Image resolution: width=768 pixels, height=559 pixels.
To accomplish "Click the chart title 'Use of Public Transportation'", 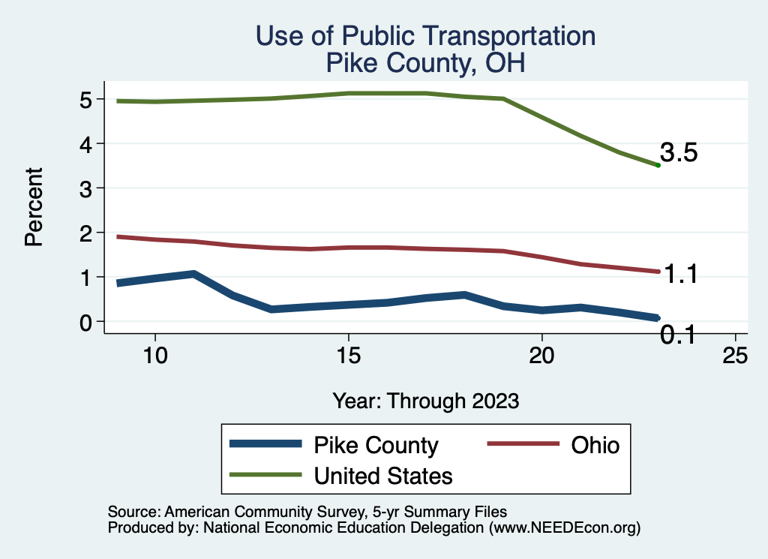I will [x=425, y=36].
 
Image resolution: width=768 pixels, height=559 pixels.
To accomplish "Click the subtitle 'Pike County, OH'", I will [x=425, y=63].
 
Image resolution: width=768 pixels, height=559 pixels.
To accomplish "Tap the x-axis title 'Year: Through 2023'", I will [x=425, y=401].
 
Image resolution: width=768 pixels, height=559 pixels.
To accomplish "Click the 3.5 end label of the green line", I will [x=679, y=153].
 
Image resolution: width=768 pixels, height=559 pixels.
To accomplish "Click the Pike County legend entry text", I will [x=376, y=445].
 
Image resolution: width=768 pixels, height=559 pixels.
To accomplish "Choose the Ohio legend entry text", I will [x=595, y=445].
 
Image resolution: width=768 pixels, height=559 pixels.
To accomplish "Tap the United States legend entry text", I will [x=383, y=475].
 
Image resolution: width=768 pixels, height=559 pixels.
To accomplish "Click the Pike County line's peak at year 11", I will [x=193, y=274].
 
